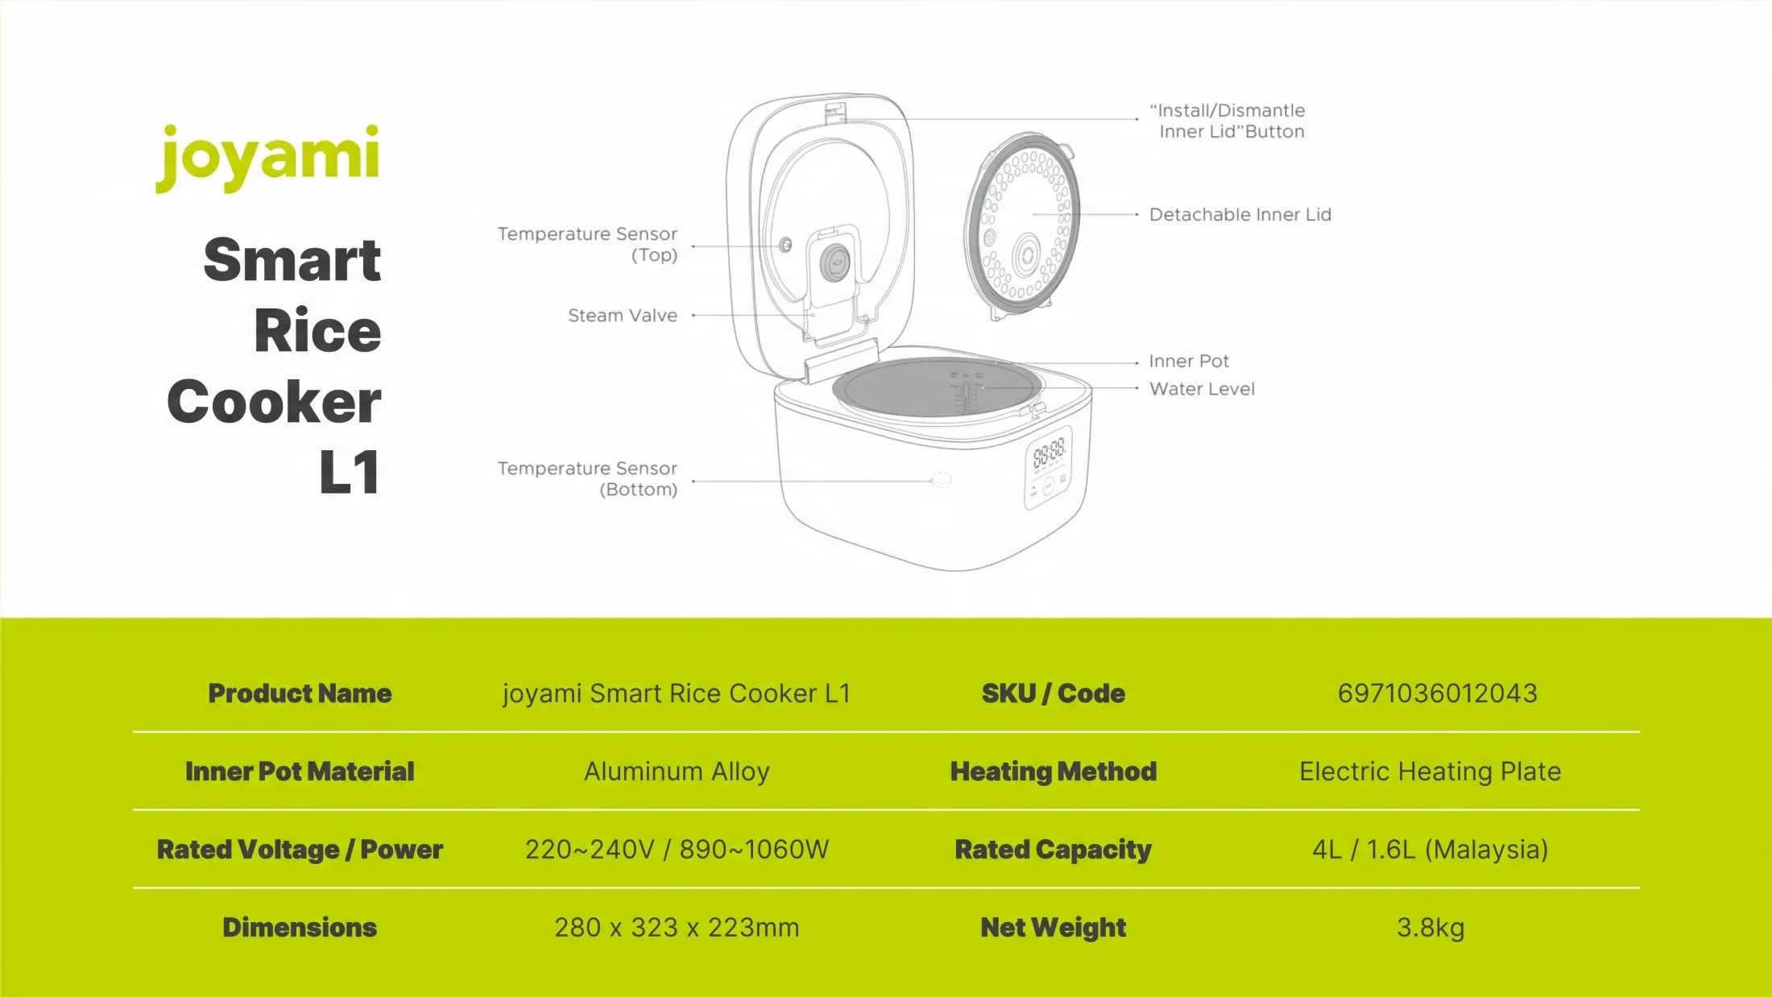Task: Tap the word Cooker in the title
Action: click(274, 401)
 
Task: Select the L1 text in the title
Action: click(350, 472)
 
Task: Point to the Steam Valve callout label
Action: click(622, 316)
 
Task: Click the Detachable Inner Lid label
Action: click(1240, 215)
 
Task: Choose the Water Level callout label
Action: click(1202, 389)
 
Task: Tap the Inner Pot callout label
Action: click(1189, 362)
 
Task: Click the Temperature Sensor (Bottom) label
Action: click(587, 478)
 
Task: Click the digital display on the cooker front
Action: click(1049, 453)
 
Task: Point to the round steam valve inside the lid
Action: click(836, 261)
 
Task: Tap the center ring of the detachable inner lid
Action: click(1027, 257)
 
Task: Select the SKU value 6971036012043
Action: click(1437, 693)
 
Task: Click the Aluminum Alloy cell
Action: click(677, 772)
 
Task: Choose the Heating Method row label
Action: click(1053, 772)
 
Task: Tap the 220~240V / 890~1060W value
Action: click(677, 850)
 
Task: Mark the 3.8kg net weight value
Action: click(1430, 928)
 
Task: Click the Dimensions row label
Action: click(300, 928)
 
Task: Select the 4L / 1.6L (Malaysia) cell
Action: click(1430, 850)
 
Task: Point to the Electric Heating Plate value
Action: click(1430, 772)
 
